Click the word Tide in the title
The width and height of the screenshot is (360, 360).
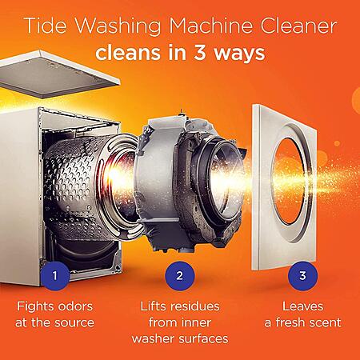coord(46,26)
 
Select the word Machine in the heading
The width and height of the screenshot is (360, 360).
coord(210,26)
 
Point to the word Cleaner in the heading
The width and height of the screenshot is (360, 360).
coord(298,26)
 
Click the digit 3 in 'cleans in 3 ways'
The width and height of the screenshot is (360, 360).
coord(200,52)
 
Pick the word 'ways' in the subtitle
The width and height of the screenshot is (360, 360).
coord(239,54)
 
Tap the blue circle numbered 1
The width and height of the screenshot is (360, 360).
coord(55,275)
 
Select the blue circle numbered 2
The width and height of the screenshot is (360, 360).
coord(180,275)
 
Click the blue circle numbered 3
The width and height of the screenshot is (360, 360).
coord(302,275)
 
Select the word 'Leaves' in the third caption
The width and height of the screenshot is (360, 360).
coord(302,306)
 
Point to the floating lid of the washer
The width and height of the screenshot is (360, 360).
coord(58,74)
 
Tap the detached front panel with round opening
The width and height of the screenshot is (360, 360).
coord(285,186)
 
